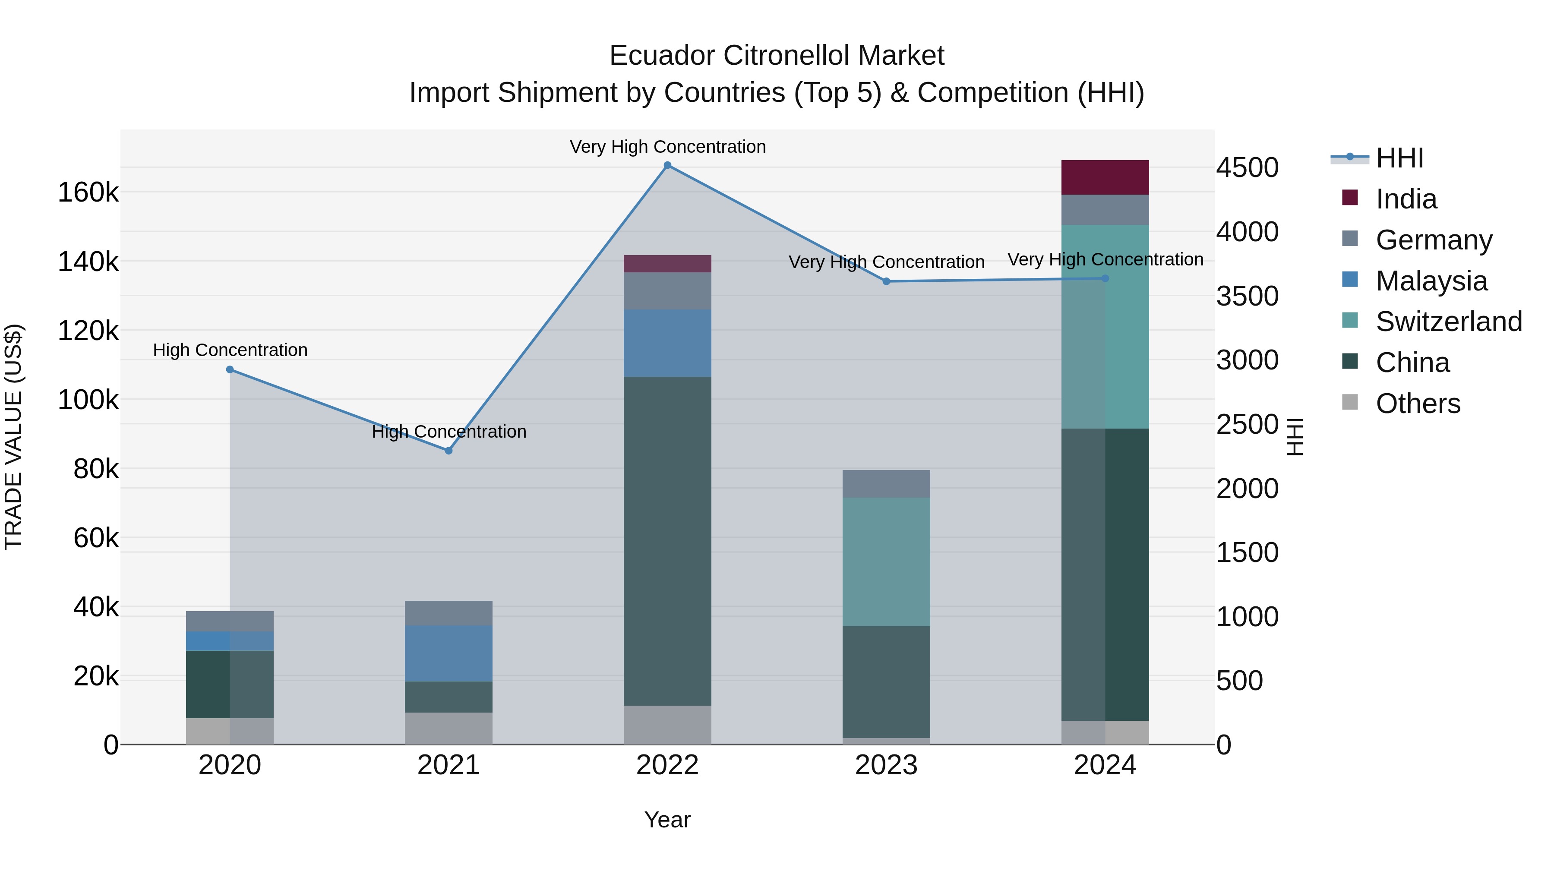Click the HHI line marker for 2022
[x=667, y=165]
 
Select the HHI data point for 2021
[x=448, y=451]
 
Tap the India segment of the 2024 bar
[x=1105, y=177]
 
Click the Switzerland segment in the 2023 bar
[x=886, y=562]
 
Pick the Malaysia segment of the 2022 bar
[x=667, y=343]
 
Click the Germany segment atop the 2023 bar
[x=886, y=484]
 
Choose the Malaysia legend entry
[x=1431, y=281]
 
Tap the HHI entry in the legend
[x=1399, y=158]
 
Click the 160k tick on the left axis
[x=88, y=193]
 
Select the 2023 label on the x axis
[x=886, y=765]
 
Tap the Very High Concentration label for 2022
[x=667, y=147]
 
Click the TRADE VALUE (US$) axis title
[x=13, y=437]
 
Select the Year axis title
[x=667, y=820]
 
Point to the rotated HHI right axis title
[x=1295, y=437]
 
